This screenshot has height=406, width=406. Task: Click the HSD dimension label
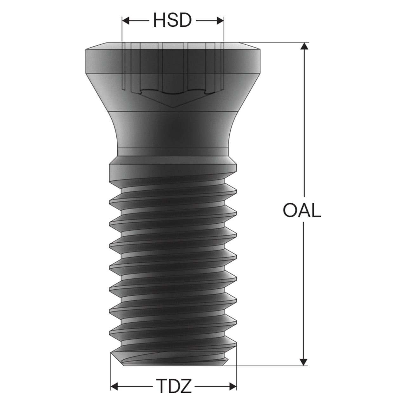(173, 20)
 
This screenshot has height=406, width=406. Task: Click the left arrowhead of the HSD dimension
(126, 21)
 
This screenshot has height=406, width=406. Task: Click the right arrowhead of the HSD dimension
(220, 21)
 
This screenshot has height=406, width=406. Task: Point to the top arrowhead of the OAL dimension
(304, 46)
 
